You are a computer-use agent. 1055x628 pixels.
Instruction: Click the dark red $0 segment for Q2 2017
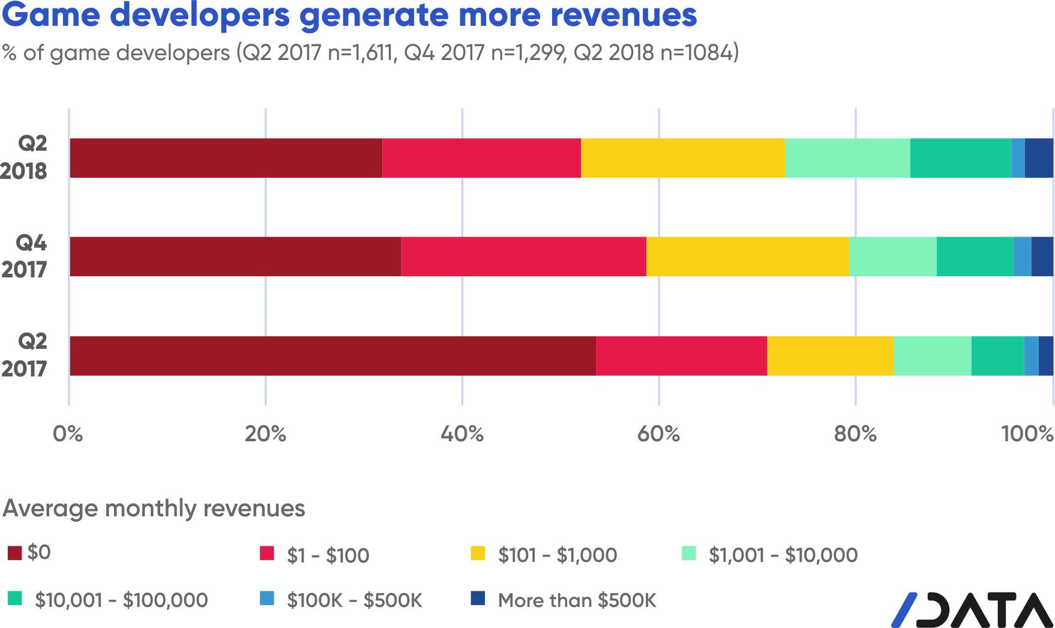click(332, 356)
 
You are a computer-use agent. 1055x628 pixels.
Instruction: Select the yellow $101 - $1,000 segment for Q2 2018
click(682, 158)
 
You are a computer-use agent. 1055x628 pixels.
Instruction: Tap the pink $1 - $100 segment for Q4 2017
click(523, 256)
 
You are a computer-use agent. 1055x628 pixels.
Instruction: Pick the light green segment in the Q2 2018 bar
click(847, 158)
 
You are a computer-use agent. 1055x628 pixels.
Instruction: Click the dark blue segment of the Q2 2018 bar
click(1039, 158)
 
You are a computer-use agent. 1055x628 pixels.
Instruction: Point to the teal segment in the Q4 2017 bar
click(975, 256)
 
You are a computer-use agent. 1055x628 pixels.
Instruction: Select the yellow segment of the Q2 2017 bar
click(830, 356)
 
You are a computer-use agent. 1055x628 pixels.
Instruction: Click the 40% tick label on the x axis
click(461, 433)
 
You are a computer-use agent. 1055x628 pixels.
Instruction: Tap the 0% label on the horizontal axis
click(68, 433)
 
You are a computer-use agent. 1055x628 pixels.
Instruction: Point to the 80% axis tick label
click(855, 433)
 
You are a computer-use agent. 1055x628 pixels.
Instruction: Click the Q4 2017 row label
click(24, 256)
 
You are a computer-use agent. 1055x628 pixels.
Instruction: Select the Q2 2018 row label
click(24, 158)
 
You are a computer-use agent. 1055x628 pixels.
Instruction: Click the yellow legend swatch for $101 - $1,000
click(478, 553)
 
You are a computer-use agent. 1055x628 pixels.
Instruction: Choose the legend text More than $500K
click(577, 600)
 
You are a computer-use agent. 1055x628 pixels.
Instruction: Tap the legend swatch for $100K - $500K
click(267, 599)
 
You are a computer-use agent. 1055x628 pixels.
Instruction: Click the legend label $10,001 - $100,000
click(121, 600)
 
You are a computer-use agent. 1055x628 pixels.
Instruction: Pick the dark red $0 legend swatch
click(14, 553)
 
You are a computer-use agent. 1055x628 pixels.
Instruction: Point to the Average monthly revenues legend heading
click(154, 509)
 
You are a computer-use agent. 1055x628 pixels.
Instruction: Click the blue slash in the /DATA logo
click(904, 609)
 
